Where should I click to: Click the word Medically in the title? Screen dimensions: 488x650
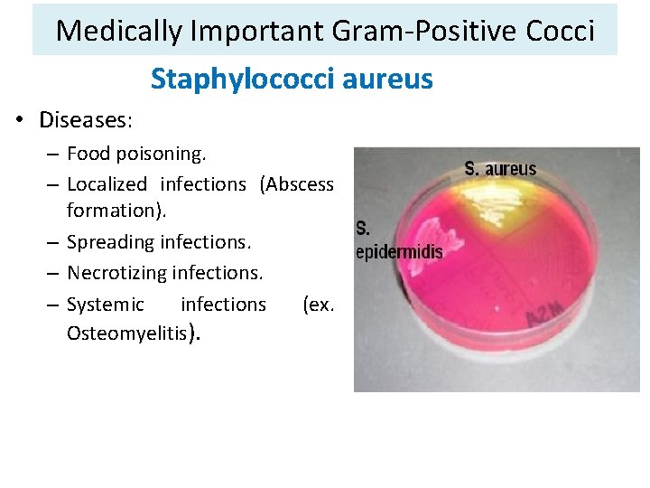click(x=120, y=31)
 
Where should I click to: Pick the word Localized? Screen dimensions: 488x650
click(x=107, y=184)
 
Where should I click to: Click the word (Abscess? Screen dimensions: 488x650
click(x=296, y=184)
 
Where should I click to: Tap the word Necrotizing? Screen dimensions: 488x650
click(x=116, y=272)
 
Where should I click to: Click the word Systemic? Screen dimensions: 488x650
click(x=105, y=305)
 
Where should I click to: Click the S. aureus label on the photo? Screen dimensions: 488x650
click(x=500, y=168)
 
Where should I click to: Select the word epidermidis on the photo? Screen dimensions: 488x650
click(x=399, y=251)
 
